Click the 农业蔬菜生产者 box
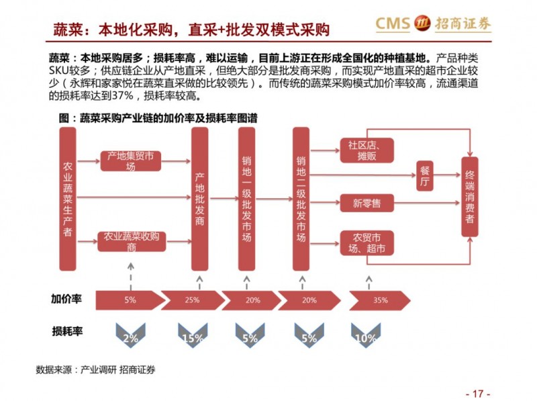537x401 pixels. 67,199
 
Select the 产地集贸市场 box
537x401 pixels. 130,161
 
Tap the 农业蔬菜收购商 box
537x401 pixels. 132,241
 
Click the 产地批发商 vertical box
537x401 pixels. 200,199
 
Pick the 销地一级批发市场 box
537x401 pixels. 247,199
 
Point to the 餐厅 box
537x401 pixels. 424,176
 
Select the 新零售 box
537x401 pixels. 367,202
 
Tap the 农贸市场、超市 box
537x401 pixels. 367,243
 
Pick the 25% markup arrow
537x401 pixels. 192,300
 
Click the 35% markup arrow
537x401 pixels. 379,300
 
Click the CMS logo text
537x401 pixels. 392,25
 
